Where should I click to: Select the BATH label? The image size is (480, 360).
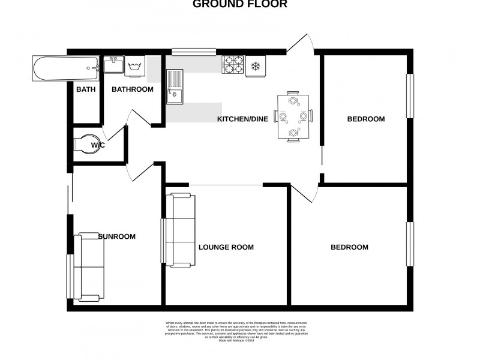85,89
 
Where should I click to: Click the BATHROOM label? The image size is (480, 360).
133,89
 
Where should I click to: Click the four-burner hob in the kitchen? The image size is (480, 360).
233,65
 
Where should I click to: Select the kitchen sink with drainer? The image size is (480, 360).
175,86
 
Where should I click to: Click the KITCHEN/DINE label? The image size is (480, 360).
242,119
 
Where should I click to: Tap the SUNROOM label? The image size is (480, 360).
117,236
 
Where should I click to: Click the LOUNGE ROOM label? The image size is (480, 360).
226,247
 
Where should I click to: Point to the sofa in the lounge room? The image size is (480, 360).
181,230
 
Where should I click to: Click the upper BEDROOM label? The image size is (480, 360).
366,119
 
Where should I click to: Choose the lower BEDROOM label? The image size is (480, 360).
350,247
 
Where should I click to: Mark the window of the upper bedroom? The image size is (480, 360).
411,96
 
